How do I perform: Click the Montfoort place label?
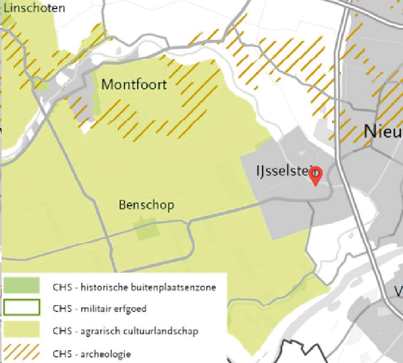(x=133, y=85)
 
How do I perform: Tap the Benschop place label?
(x=146, y=205)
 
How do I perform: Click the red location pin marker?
(x=315, y=175)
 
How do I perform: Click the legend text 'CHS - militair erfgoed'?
(x=99, y=309)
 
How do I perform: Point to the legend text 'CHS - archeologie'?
(x=91, y=353)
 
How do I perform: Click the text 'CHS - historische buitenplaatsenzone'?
(x=134, y=288)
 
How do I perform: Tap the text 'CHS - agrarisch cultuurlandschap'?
(x=125, y=331)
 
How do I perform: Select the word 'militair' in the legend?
(x=94, y=309)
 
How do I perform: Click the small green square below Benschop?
(x=147, y=231)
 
